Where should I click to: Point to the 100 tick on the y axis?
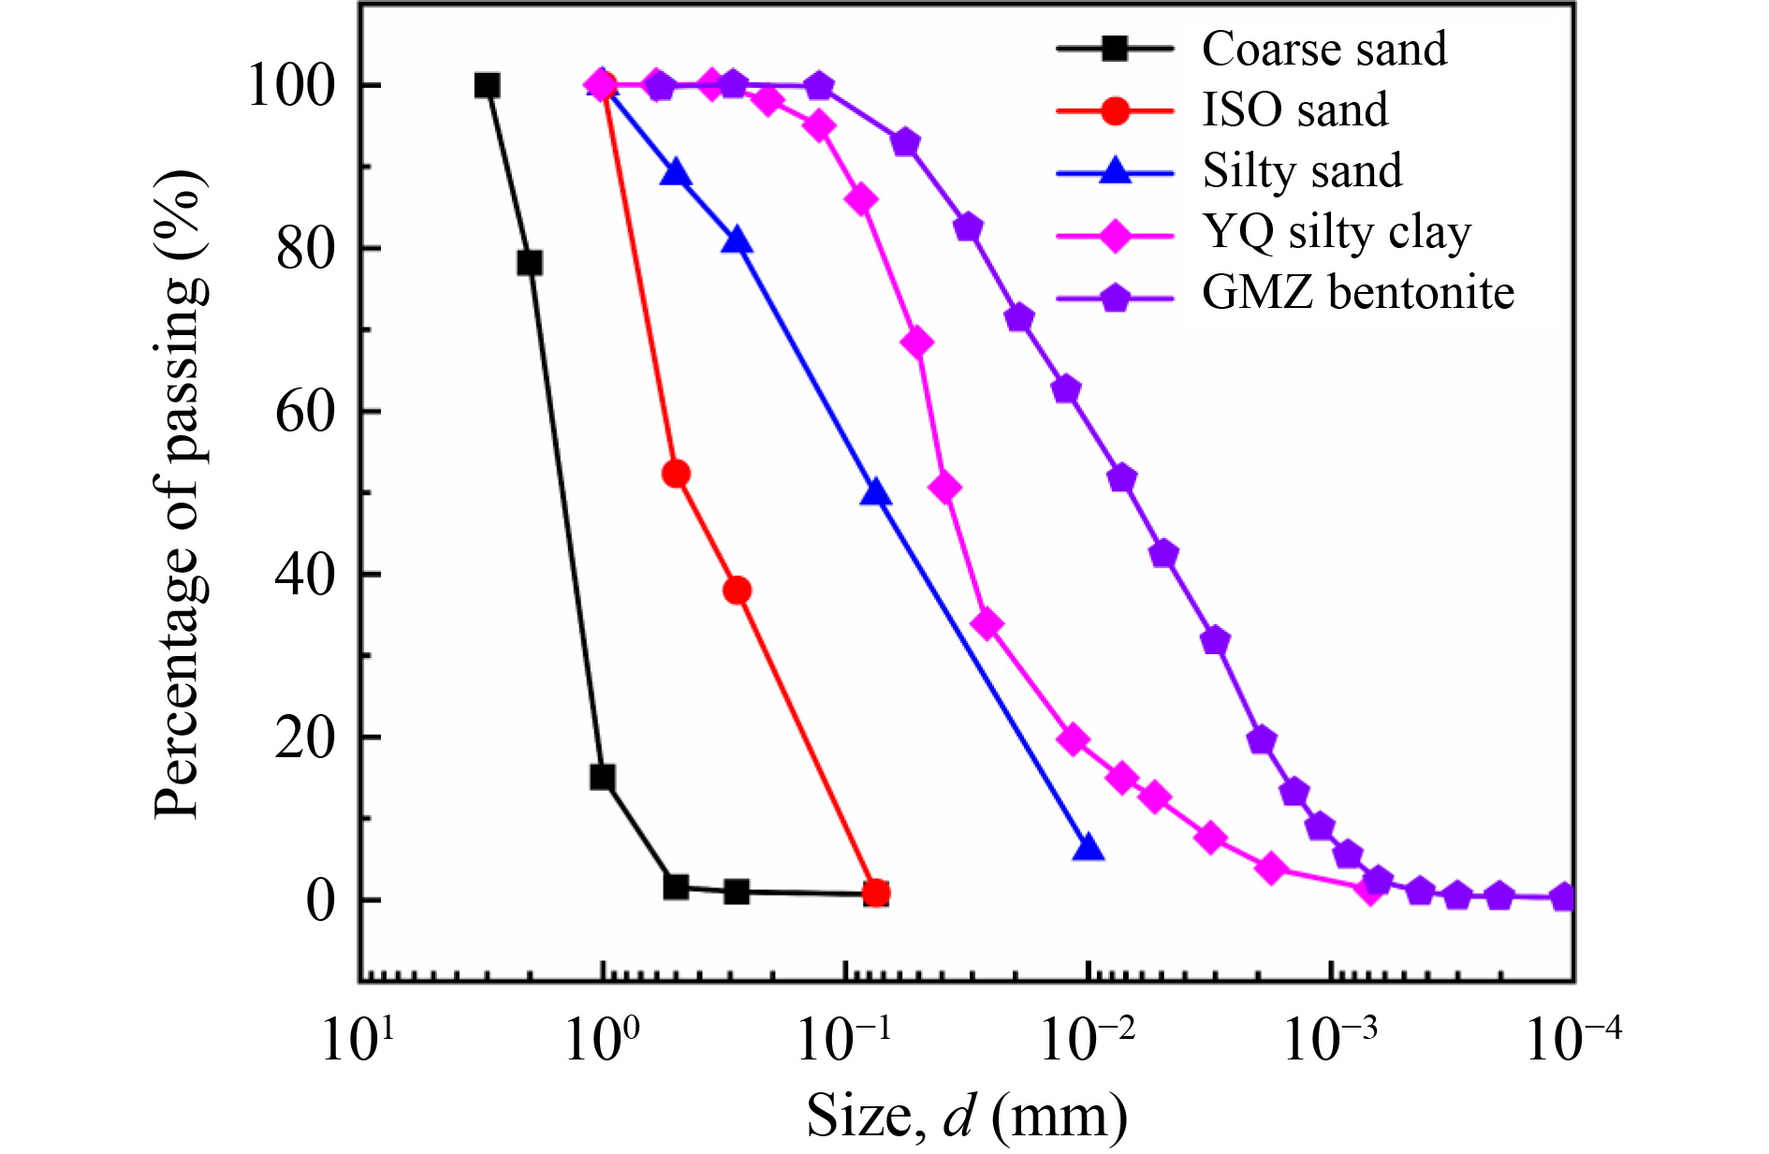(290, 85)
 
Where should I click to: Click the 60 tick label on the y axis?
(304, 411)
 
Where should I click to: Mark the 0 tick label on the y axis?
(320, 900)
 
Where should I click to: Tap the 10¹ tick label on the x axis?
(358, 1038)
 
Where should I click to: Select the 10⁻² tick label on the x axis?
(1088, 1038)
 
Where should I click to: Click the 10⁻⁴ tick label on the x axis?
(1572, 1038)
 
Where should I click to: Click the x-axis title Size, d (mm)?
(967, 1116)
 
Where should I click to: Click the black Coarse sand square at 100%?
(487, 86)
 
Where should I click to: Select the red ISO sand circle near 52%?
(676, 475)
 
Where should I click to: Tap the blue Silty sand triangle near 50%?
(875, 492)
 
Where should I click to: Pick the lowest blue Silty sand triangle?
(1088, 848)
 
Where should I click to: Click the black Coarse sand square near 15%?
(603, 777)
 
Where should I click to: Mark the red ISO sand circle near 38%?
(738, 591)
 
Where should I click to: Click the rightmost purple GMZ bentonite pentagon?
(1563, 898)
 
